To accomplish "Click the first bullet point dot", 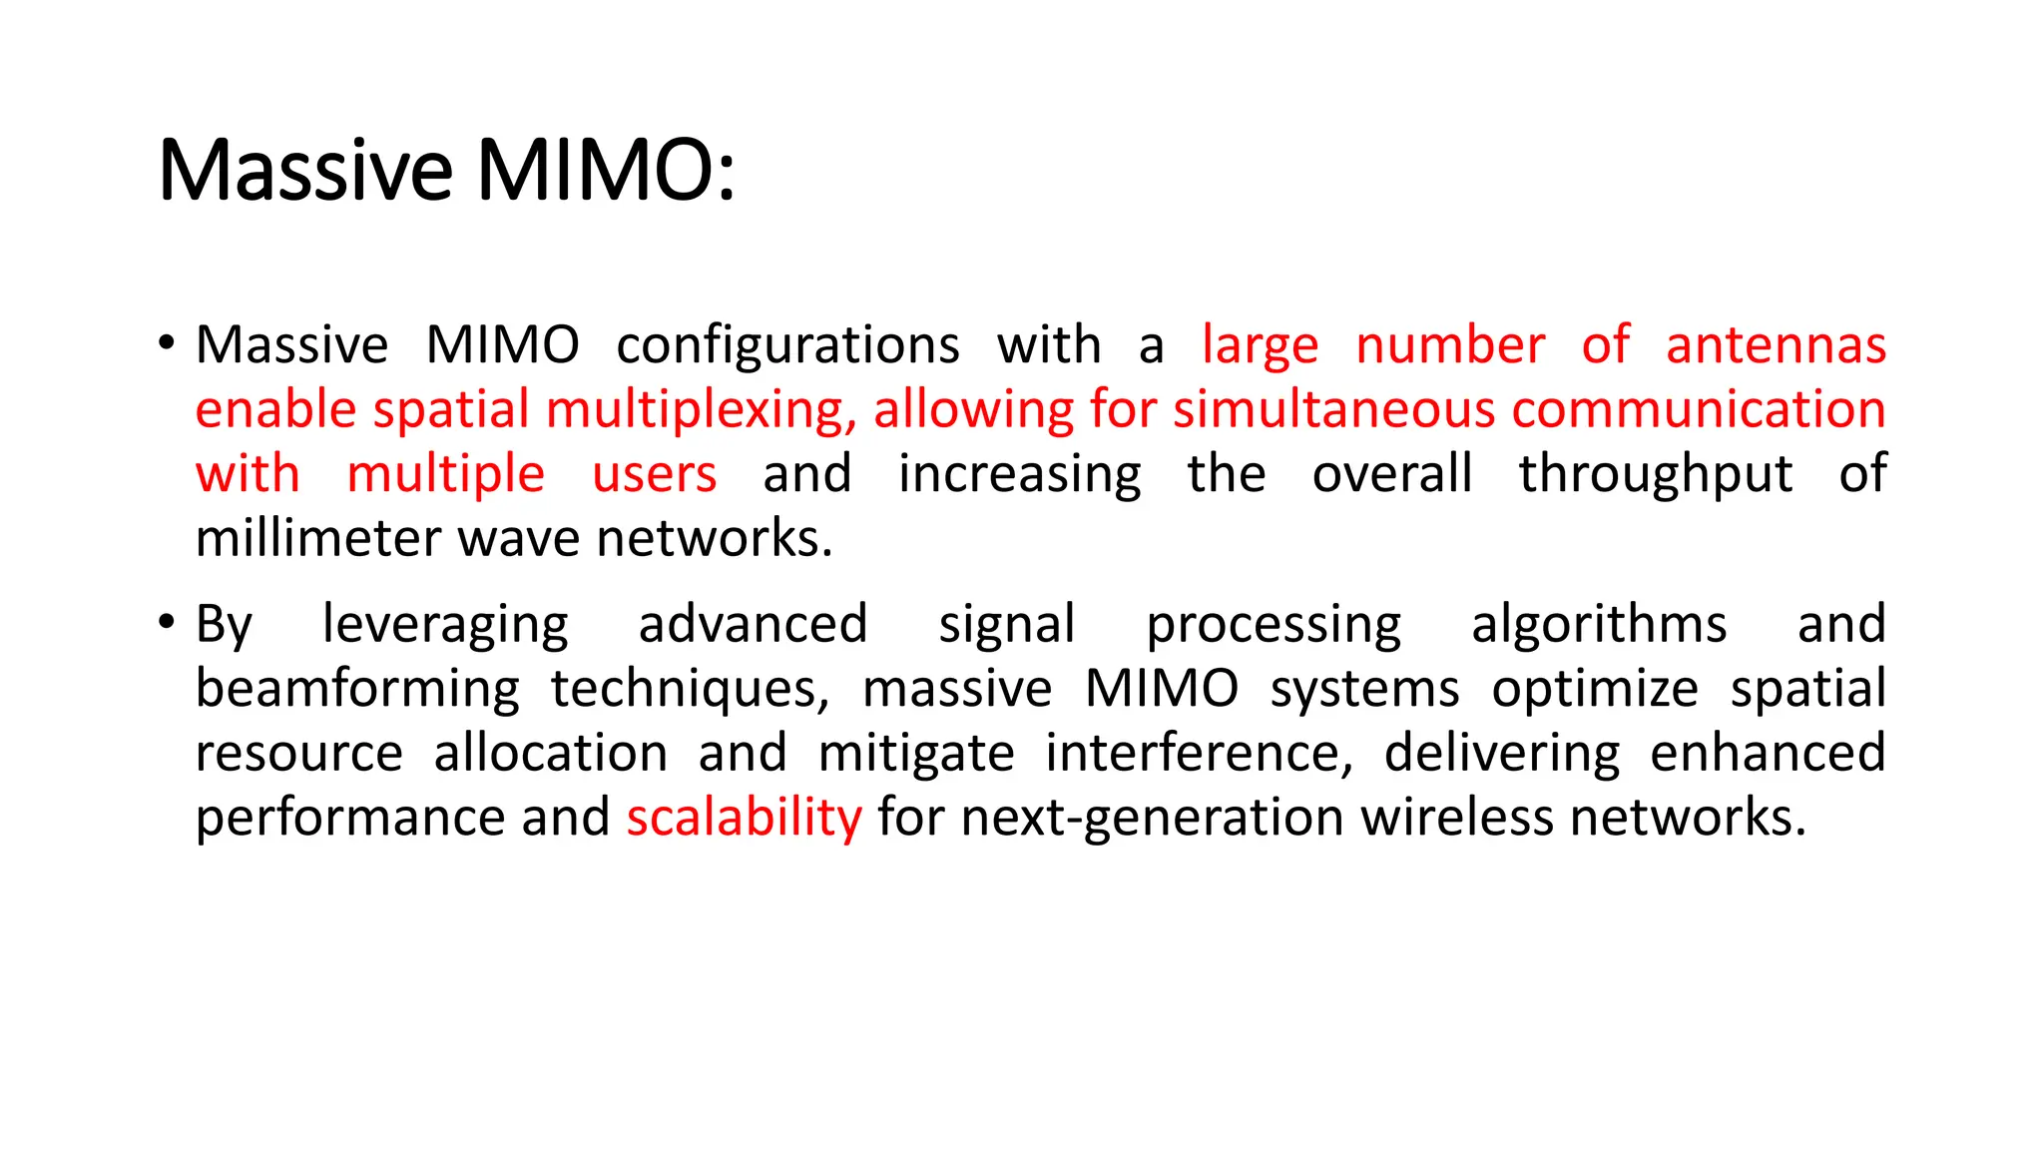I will point(167,343).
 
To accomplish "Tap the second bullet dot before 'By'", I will point(167,623).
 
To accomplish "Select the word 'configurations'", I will point(787,346).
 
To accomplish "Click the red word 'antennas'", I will point(1776,345).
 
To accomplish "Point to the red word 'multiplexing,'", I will point(702,410).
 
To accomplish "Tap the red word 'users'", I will point(654,474).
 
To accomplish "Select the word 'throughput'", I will point(1655,475).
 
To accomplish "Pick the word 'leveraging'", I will point(445,626).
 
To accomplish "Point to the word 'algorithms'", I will point(1598,626).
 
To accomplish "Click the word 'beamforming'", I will point(357,690).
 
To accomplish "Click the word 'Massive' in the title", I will point(305,170).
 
